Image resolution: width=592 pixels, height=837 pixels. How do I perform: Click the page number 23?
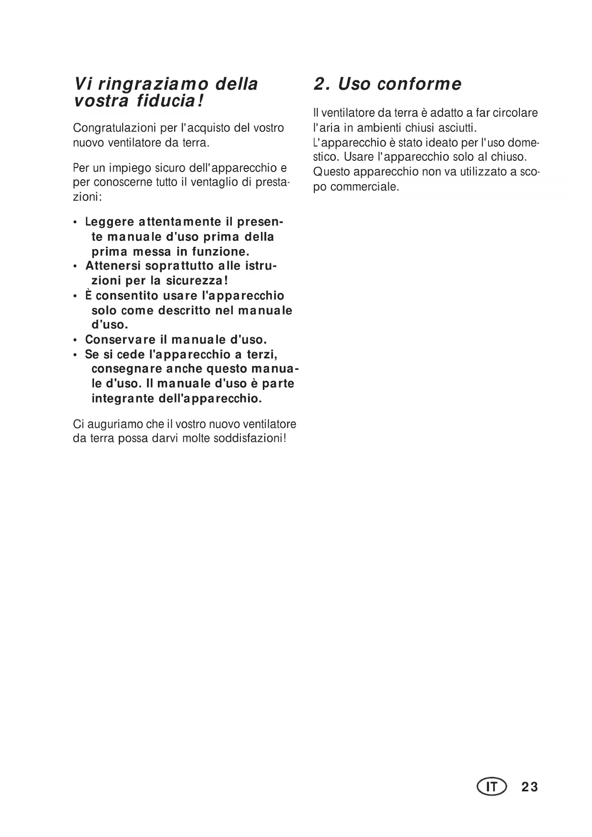pos(530,787)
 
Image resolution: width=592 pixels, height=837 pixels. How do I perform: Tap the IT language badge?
pos(491,787)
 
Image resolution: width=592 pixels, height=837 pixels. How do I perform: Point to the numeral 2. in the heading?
pos(321,84)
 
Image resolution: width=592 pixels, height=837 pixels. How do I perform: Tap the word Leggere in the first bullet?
pos(109,222)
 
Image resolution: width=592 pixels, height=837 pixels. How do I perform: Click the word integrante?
pos(122,398)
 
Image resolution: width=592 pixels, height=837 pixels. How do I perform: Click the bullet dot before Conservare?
pos(75,341)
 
